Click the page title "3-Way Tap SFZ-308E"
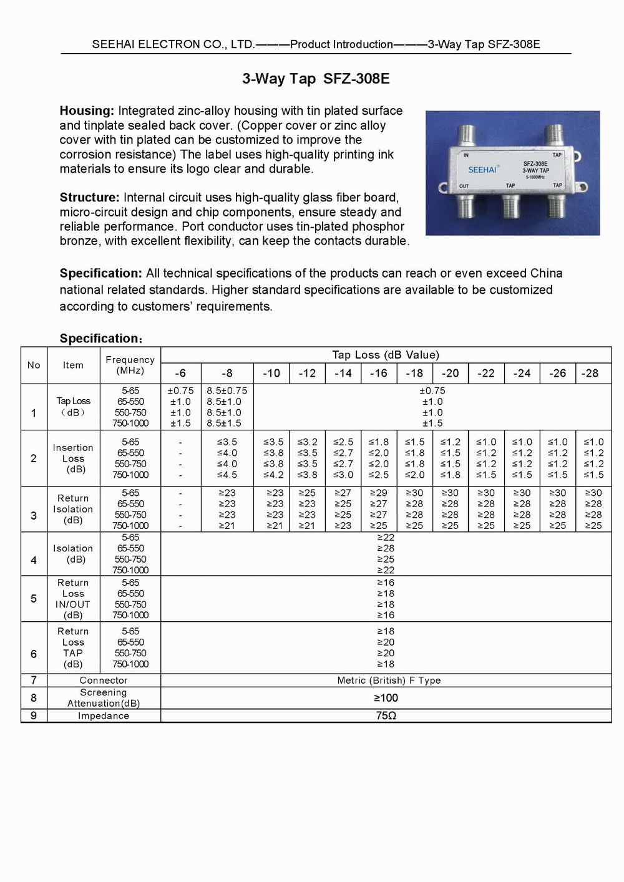click(316, 79)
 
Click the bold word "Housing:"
click(87, 111)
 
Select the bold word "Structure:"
click(89, 198)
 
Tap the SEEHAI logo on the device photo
click(482, 170)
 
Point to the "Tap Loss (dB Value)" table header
click(386, 355)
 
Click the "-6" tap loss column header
click(180, 373)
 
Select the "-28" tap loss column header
click(590, 373)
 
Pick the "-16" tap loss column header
click(378, 373)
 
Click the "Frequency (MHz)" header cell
click(130, 365)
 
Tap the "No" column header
click(34, 365)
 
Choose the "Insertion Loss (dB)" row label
click(73, 458)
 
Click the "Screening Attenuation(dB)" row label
click(104, 698)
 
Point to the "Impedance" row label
click(104, 716)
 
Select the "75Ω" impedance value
click(386, 716)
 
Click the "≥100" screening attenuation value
click(386, 698)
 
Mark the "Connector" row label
click(104, 681)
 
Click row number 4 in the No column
click(34, 560)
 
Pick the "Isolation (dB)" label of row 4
click(73, 554)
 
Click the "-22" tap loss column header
click(486, 373)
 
